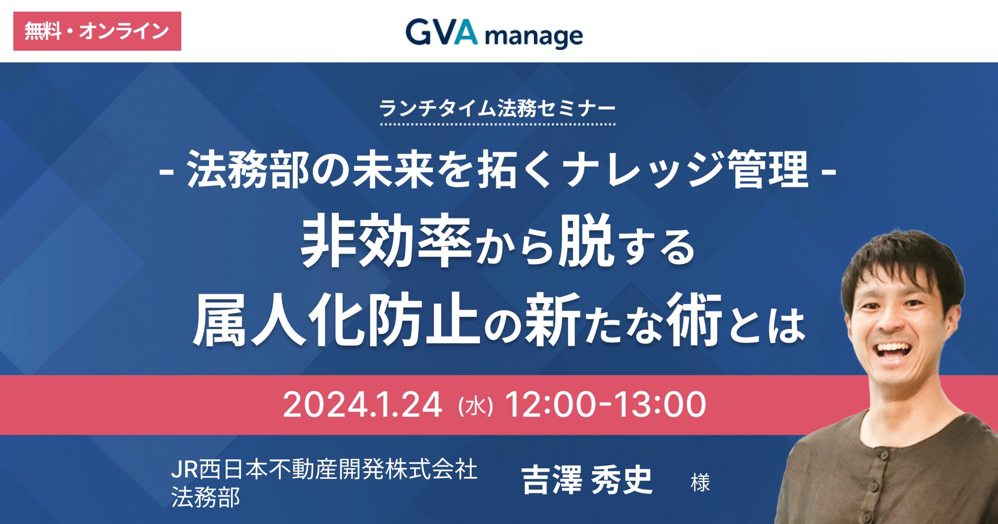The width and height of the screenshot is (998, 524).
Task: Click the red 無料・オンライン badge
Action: (97, 31)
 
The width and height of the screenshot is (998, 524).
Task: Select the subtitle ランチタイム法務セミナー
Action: (498, 108)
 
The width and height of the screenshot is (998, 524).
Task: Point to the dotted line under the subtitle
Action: (498, 125)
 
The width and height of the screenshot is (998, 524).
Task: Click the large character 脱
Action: (584, 241)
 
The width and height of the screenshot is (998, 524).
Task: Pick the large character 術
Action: (694, 319)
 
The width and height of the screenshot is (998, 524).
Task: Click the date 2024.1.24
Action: (363, 405)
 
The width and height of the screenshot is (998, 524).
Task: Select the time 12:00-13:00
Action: (605, 405)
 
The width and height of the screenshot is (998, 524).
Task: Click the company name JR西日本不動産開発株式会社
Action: (324, 469)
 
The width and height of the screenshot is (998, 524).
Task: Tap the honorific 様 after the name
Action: (700, 483)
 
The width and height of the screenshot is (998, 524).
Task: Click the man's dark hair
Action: (901, 265)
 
